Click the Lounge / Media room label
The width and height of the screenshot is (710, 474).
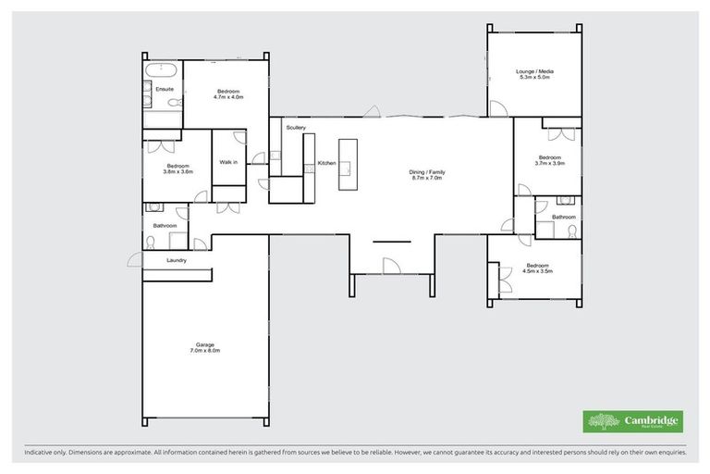pyautogui.click(x=535, y=75)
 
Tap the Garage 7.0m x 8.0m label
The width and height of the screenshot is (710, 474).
pyautogui.click(x=204, y=347)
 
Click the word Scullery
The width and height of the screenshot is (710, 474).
pyautogui.click(x=296, y=127)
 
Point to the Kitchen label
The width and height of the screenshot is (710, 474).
pyautogui.click(x=326, y=163)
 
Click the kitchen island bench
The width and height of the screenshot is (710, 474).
pyautogui.click(x=348, y=165)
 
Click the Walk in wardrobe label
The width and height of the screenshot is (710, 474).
pyautogui.click(x=228, y=162)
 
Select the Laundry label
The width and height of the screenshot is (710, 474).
pyautogui.click(x=177, y=260)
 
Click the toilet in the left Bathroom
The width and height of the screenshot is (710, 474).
pyautogui.click(x=151, y=243)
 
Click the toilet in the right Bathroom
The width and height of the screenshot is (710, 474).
pyautogui.click(x=573, y=231)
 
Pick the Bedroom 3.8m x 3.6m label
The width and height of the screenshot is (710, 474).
pyautogui.click(x=177, y=168)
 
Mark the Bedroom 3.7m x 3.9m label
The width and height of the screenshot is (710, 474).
pyautogui.click(x=549, y=159)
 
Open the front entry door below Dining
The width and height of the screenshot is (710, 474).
pyautogui.click(x=391, y=266)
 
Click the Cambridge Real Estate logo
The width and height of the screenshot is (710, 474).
pyautogui.click(x=633, y=420)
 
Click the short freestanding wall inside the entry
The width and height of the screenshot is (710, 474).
pyautogui.click(x=391, y=241)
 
